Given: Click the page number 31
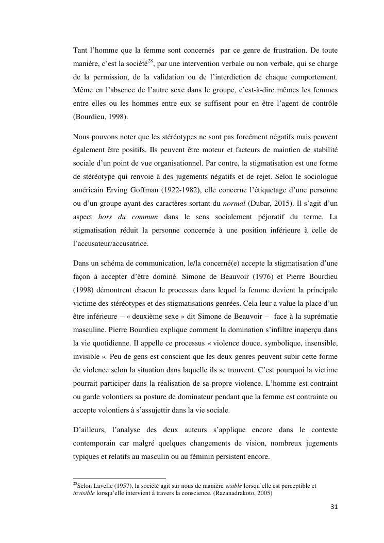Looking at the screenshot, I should coord(333,507).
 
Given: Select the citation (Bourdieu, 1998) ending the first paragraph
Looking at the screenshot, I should coord(101,117).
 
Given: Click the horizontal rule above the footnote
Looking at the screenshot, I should coord(120,478).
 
